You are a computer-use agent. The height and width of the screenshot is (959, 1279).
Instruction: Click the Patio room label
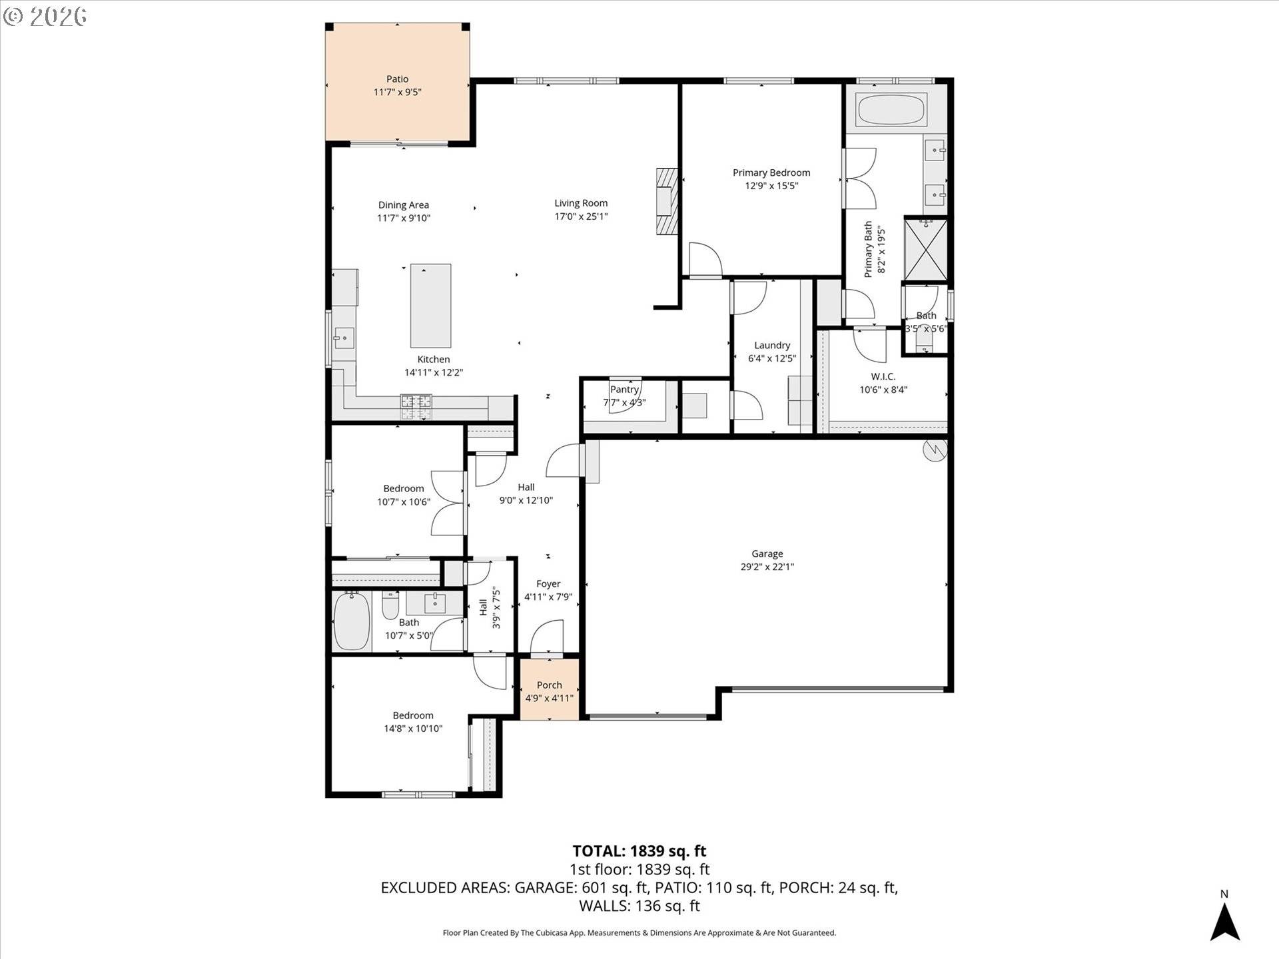tap(397, 79)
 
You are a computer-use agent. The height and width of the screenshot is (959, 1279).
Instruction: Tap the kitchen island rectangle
tap(430, 305)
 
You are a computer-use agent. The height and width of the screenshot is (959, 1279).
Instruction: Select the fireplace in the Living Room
tap(666, 202)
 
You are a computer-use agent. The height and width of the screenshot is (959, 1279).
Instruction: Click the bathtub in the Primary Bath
tap(891, 110)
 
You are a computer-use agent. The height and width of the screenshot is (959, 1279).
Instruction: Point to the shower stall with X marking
tap(925, 249)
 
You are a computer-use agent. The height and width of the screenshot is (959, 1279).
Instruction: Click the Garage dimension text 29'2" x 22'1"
tap(767, 567)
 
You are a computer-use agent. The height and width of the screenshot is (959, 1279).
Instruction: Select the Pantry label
tap(624, 390)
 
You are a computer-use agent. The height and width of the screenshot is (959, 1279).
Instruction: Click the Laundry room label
tap(772, 345)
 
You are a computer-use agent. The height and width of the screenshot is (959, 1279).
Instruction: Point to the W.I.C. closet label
tap(883, 377)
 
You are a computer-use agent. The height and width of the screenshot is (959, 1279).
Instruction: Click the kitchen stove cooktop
tap(416, 407)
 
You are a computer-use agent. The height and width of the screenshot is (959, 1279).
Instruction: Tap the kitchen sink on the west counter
tap(344, 338)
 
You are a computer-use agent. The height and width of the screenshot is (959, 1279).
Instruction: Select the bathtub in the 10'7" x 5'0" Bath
tap(351, 621)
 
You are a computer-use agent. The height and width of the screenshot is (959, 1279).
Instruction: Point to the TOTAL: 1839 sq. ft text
tap(639, 851)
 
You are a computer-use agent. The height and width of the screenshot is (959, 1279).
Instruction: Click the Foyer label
tap(548, 584)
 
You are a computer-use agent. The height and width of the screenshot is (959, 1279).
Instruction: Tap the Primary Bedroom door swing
tap(705, 259)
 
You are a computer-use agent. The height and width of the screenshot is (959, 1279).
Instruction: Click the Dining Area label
tap(404, 205)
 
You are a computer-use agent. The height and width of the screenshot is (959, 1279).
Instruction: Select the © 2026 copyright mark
tap(45, 16)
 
